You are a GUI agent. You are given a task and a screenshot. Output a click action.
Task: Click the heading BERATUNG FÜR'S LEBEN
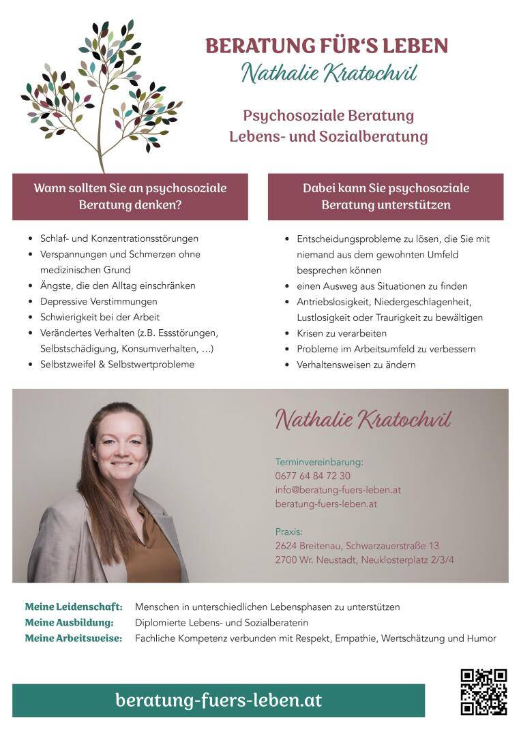(327, 46)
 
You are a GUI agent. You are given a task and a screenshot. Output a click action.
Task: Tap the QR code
(483, 692)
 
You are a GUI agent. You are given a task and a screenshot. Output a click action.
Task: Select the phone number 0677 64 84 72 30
(312, 476)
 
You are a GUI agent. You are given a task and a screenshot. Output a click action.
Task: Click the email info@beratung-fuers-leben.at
(338, 490)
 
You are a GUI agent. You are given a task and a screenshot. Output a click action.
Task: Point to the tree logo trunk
(101, 147)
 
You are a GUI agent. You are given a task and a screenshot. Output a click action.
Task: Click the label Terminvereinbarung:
(319, 461)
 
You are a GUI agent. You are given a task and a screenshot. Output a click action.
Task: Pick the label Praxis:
(288, 532)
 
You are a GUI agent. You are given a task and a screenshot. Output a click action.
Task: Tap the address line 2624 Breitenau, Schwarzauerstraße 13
(357, 546)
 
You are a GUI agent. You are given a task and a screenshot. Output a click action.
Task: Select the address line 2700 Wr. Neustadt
(364, 560)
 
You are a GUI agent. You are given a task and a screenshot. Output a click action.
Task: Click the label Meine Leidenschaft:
(74, 607)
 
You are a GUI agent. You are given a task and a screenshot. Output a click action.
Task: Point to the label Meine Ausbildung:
(69, 623)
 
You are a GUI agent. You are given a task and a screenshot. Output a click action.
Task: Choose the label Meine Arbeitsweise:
(74, 639)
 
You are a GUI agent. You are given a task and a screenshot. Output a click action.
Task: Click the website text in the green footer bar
(218, 700)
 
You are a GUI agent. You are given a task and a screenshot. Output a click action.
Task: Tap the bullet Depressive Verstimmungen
(98, 301)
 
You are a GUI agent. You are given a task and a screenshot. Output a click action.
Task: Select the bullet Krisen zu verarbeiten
(342, 333)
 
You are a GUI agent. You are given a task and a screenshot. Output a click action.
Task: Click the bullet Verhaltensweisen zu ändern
(356, 365)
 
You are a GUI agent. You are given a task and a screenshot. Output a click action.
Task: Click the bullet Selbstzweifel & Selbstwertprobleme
(117, 365)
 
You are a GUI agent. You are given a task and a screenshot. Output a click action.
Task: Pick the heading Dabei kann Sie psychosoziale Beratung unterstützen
(386, 196)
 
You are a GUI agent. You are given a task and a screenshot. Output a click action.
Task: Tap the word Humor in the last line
(481, 639)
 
